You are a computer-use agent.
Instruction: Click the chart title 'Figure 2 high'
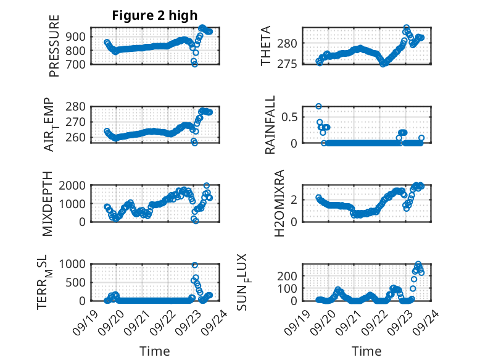pyautogui.click(x=154, y=15)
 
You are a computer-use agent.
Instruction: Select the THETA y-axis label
pyautogui.click(x=266, y=45)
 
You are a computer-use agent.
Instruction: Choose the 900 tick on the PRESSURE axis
pyautogui.click(x=77, y=36)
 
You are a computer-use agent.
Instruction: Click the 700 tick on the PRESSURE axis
pyautogui.click(x=77, y=63)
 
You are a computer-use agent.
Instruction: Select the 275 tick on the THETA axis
pyautogui.click(x=290, y=64)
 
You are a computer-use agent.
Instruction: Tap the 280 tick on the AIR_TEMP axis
pyautogui.click(x=77, y=106)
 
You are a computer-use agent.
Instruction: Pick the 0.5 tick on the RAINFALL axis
pyautogui.click(x=290, y=116)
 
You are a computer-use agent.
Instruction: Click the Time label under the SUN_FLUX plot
pyautogui.click(x=366, y=351)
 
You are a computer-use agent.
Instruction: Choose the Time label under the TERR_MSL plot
pyautogui.click(x=154, y=351)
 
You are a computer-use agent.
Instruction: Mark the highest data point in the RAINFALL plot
pyautogui.click(x=318, y=106)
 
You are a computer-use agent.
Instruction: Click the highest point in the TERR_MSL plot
pyautogui.click(x=195, y=265)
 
